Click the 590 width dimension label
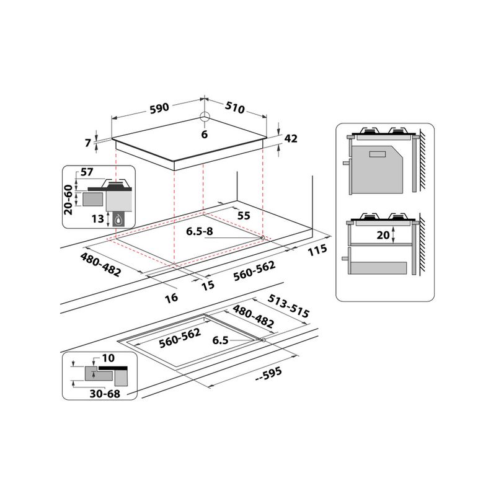(x=159, y=107)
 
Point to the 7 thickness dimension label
(x=89, y=143)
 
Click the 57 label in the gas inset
(x=86, y=172)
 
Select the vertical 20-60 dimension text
(x=68, y=199)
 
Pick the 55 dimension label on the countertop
(x=244, y=215)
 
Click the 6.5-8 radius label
(x=200, y=232)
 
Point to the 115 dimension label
(x=316, y=250)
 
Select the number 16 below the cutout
(x=172, y=298)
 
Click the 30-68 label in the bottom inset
(x=104, y=393)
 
